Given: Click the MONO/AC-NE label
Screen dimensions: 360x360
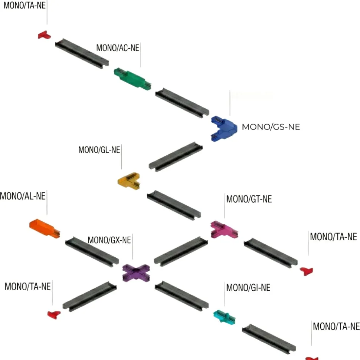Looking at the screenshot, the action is pos(118,48).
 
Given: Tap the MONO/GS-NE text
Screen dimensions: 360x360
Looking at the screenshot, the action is pos(271,127).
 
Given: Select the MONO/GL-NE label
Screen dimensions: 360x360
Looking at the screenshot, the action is pos(99,150).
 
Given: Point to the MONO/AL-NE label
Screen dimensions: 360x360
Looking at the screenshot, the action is pos(23,196).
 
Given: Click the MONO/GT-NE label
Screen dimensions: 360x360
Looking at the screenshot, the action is pos(249,199).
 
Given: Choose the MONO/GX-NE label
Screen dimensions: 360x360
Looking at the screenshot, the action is pos(109,240).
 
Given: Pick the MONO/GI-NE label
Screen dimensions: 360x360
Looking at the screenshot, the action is pos(248,288).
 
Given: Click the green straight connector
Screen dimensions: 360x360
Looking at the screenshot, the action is pos(132,79).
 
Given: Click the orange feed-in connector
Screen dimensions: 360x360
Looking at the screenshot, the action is pos(45,228).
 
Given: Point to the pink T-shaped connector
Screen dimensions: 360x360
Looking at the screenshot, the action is pos(224,229).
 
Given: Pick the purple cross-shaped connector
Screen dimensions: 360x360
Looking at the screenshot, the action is pos(136,273).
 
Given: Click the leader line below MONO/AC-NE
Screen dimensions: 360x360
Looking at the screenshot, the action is pos(141,55).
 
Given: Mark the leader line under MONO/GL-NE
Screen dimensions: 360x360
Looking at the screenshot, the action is pos(121,157).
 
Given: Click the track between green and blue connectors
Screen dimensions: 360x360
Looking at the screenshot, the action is pos(182,103).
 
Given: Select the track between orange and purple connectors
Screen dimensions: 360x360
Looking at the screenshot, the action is pos(92,252).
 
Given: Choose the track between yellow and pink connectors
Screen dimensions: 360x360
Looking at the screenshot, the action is pos(174,205).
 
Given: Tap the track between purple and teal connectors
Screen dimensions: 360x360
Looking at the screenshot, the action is pos(181,296).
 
